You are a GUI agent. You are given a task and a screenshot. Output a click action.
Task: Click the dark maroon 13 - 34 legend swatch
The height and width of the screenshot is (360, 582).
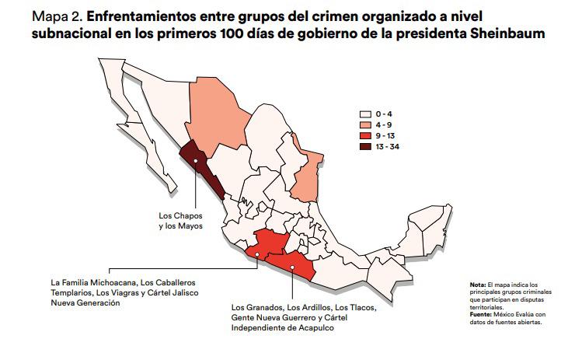[364, 146]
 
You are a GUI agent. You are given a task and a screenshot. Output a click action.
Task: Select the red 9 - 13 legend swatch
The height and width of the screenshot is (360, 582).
[364, 135]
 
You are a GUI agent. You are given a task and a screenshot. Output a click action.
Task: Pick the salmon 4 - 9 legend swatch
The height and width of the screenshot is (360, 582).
[364, 124]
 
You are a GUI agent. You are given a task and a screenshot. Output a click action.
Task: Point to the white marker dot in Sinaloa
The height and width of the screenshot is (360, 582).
[196, 162]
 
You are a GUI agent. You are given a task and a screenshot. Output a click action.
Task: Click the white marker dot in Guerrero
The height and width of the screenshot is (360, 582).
[292, 267]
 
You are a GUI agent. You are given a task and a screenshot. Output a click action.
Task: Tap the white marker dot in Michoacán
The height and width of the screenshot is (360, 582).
[257, 261]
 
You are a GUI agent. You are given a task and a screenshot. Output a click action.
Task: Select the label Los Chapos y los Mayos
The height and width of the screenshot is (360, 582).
[180, 220]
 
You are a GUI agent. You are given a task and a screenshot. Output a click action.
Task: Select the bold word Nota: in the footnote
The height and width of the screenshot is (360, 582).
[477, 286]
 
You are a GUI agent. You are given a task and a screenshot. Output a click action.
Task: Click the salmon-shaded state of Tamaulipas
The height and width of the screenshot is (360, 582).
[310, 175]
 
